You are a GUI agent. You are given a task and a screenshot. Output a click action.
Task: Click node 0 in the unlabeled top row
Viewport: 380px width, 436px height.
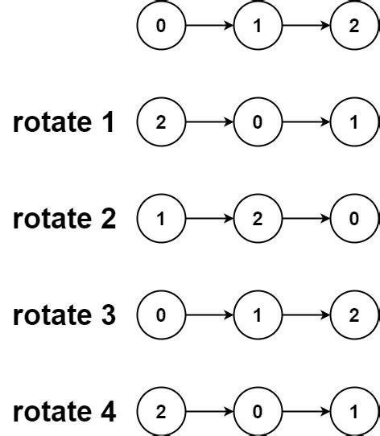tap(161, 26)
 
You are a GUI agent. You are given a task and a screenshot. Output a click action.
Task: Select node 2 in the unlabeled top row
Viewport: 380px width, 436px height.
tap(354, 26)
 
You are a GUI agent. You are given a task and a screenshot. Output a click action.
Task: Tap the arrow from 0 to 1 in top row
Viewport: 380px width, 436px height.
tap(209, 26)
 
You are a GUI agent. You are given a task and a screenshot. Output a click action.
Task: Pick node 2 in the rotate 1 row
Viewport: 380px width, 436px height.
tap(161, 122)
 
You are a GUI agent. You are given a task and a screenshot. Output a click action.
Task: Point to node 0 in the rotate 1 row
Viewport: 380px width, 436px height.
tap(258, 122)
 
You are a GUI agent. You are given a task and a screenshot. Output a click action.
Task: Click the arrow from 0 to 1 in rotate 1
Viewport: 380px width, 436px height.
tap(306, 122)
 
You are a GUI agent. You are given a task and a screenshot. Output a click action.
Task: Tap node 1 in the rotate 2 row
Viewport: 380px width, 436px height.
tap(161, 219)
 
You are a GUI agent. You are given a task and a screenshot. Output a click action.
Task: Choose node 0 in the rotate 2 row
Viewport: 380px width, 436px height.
tap(354, 219)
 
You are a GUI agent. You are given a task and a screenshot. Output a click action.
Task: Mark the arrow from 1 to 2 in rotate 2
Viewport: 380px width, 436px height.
tap(209, 219)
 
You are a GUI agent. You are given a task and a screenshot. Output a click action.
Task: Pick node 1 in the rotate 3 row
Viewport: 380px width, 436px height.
tap(258, 315)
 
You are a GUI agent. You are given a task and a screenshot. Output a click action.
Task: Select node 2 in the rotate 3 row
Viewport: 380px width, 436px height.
tap(354, 315)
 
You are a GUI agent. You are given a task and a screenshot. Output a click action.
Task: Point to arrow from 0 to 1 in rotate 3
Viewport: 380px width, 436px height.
tap(209, 315)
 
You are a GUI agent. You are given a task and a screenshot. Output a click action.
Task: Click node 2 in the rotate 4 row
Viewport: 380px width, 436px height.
tap(161, 412)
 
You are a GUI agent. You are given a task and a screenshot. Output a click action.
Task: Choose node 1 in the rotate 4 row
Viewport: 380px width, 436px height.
tap(354, 412)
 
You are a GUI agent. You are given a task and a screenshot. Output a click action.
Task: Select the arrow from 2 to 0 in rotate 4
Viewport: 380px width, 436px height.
tap(209, 412)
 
